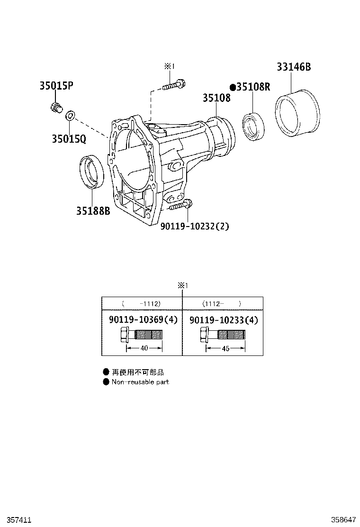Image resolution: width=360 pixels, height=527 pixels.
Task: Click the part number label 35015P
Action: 56,86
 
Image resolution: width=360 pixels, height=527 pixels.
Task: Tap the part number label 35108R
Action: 253,87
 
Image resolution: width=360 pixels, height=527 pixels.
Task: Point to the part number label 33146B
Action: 294,67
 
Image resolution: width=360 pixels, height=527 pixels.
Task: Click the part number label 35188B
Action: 93,210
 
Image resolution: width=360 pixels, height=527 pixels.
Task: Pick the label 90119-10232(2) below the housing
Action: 195,226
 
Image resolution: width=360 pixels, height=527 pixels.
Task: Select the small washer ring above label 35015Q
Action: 70,115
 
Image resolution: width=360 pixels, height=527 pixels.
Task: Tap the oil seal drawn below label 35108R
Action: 253,126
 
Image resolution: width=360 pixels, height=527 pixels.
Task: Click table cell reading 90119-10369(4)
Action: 143,320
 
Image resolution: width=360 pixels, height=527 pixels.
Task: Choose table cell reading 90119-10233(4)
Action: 224,320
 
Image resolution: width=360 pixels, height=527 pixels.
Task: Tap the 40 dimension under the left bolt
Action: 144,348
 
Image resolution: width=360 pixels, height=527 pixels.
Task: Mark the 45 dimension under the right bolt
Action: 225,348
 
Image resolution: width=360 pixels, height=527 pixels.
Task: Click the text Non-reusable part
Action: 140,382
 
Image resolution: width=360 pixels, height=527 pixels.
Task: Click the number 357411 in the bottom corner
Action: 16,520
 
